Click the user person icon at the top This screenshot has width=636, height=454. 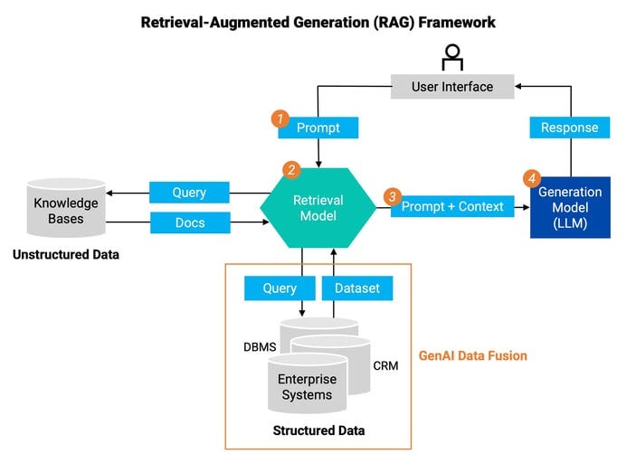pyautogui.click(x=451, y=58)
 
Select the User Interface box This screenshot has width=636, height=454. pyautogui.click(x=451, y=87)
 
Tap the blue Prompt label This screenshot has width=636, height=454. pyautogui.click(x=318, y=128)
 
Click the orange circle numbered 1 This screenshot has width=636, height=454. pyautogui.click(x=281, y=118)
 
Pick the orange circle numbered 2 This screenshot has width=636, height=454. pyautogui.click(x=291, y=169)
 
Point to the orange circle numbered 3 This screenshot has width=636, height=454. pyautogui.click(x=392, y=195)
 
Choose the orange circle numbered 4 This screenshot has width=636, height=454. pyautogui.click(x=533, y=178)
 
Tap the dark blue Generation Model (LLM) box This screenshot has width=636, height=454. pyautogui.click(x=570, y=207)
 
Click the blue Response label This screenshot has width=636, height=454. pyautogui.click(x=569, y=128)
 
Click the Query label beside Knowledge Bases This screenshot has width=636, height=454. pyautogui.click(x=188, y=193)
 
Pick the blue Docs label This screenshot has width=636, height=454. pyautogui.click(x=188, y=222)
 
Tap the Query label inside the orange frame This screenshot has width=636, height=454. pyautogui.click(x=280, y=288)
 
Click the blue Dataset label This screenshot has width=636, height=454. pyautogui.click(x=357, y=288)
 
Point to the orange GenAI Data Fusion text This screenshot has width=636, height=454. pyautogui.click(x=472, y=355)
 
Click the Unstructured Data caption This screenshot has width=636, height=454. pyautogui.click(x=65, y=255)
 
